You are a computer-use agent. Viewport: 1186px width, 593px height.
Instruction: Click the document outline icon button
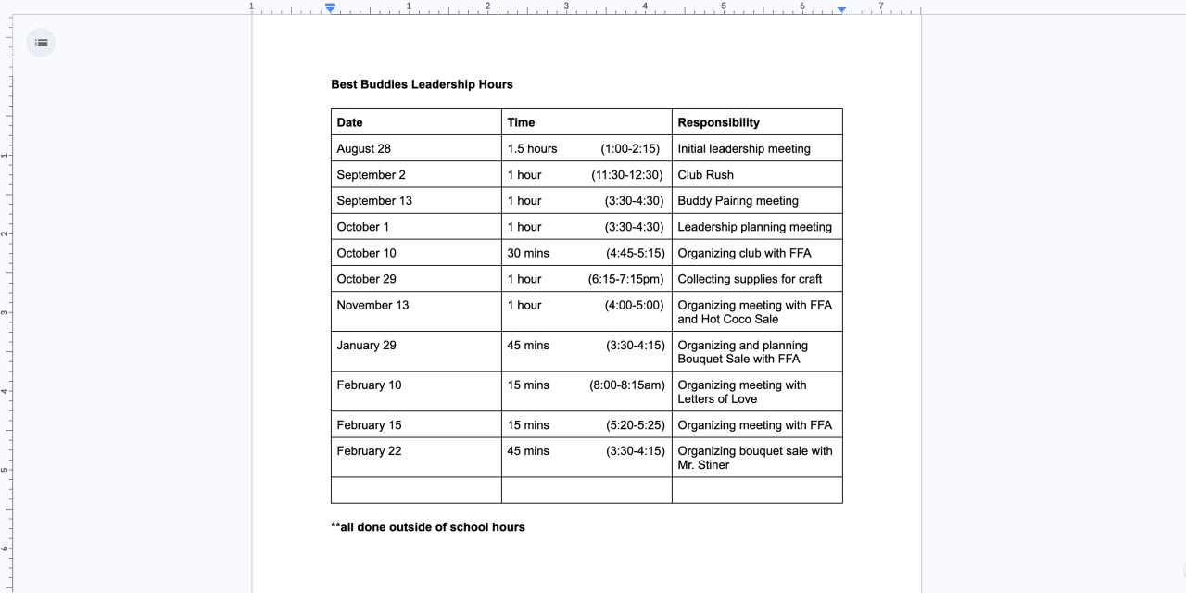coord(41,43)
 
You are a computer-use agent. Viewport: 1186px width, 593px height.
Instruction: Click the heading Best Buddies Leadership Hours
coord(422,84)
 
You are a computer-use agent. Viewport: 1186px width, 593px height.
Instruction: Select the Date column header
coord(350,122)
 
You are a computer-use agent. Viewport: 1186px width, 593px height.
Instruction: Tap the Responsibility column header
coord(718,122)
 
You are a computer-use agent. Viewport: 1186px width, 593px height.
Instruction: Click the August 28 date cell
coord(364,148)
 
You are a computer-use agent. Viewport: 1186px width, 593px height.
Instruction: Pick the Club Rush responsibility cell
coord(705,174)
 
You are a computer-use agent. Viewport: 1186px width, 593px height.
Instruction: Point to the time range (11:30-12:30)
coord(626,174)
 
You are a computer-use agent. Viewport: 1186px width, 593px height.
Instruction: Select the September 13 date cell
coord(374,200)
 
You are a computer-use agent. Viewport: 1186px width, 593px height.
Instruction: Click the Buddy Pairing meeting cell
coord(738,200)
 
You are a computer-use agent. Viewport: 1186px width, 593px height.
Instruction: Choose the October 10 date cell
coord(366,253)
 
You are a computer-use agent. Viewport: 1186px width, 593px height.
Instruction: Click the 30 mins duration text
coord(528,253)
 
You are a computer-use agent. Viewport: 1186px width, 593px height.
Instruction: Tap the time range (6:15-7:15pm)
coord(626,279)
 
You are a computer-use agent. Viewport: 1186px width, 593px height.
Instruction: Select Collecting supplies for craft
coord(750,279)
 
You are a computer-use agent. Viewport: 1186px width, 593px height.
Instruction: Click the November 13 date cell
coord(372,305)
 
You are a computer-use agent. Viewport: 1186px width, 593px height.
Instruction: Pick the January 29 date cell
coord(366,346)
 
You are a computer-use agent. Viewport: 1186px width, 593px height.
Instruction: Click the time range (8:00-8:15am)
coord(627,385)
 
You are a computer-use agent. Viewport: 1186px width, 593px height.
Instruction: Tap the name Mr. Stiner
coord(703,465)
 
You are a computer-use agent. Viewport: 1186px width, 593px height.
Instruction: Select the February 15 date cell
coord(369,425)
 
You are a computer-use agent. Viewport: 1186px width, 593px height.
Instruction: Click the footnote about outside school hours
coord(428,527)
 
